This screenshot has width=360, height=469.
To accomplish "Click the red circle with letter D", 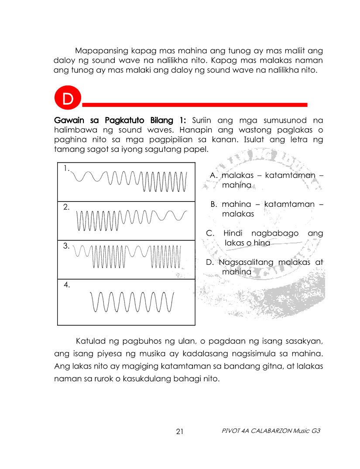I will click(x=68, y=99).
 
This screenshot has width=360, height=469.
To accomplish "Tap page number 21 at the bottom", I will click(x=180, y=432).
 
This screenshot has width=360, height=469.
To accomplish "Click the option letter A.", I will click(x=213, y=175).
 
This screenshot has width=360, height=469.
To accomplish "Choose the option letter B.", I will click(x=213, y=204).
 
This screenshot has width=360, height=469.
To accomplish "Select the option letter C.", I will click(x=210, y=233).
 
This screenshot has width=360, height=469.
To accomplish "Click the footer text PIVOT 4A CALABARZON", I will click(x=256, y=431).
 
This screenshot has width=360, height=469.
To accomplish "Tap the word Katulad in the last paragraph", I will click(x=91, y=340).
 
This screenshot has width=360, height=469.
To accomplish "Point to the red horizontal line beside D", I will click(x=195, y=105).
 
